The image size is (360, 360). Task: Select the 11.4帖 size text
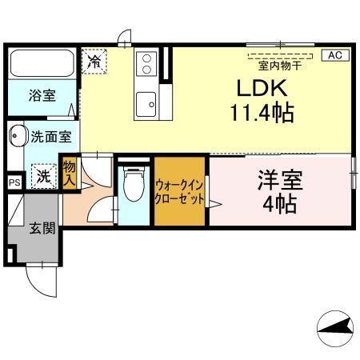[x=261, y=112]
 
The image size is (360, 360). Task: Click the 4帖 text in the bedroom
[x=278, y=204]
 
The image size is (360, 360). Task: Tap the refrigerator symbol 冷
[x=94, y=61]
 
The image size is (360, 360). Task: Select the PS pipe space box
[x=14, y=182]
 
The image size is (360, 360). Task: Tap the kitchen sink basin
[x=146, y=102]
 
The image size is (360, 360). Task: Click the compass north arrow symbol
[x=336, y=327]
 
